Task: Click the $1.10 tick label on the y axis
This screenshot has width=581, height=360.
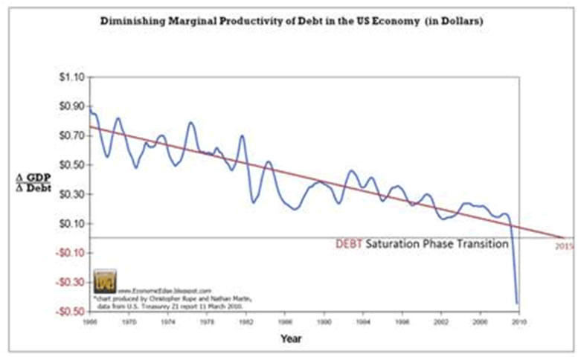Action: (71, 77)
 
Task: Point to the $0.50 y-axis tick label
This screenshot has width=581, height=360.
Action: (71, 164)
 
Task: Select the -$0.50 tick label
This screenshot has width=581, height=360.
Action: (69, 311)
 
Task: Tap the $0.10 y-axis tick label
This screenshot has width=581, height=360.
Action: (71, 223)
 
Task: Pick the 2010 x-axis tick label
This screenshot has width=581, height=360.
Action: (519, 324)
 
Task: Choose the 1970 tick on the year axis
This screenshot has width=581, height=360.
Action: (129, 324)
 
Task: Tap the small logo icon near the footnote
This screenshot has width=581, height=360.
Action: (104, 281)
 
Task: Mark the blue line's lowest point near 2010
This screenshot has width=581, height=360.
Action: (517, 303)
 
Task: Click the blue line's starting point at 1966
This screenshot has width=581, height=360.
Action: (90, 106)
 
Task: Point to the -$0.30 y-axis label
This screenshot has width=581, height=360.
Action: (69, 282)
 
